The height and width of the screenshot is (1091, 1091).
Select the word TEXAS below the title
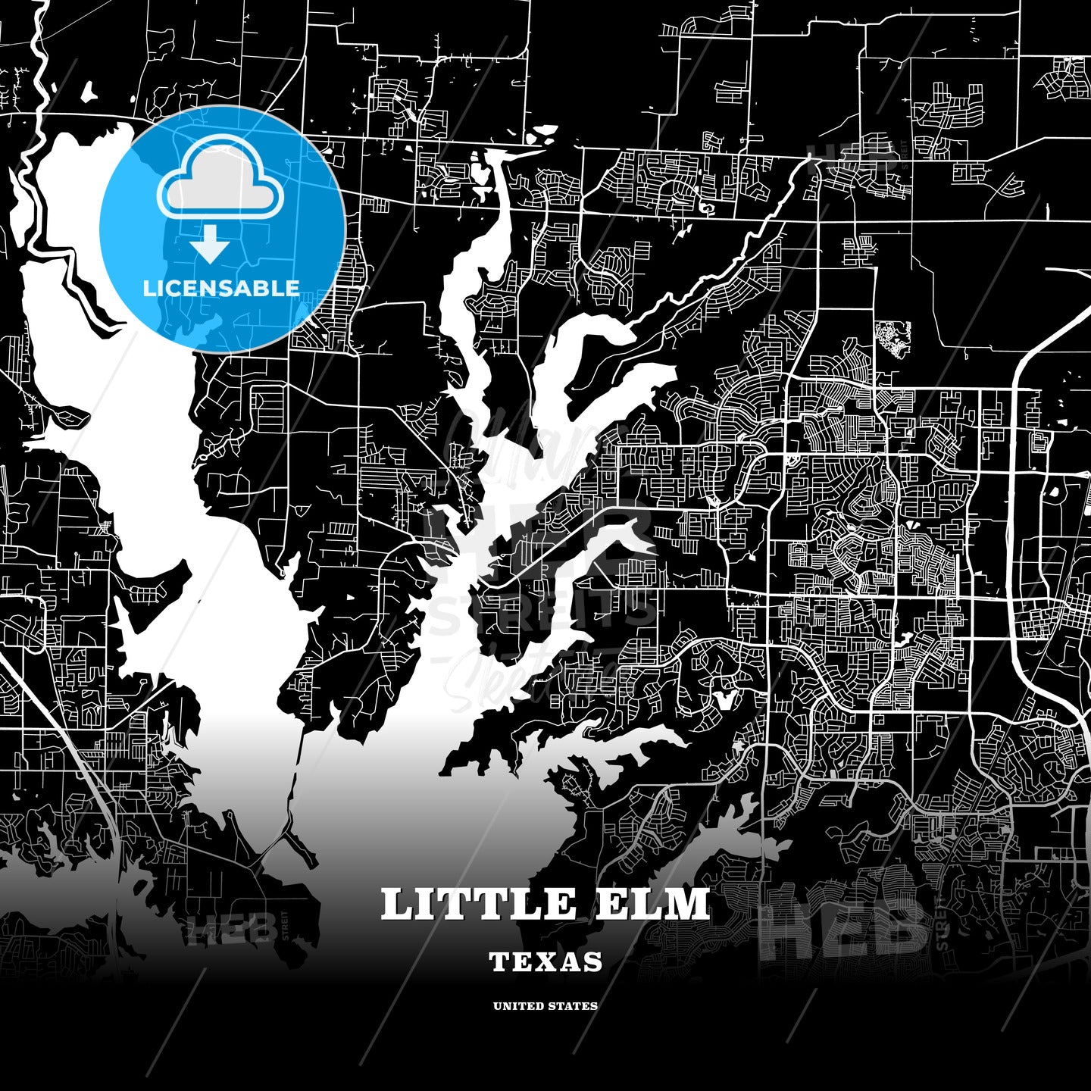[545, 962]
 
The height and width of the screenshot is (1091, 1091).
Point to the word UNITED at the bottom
[519, 1006]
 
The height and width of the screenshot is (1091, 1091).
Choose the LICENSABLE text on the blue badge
[221, 289]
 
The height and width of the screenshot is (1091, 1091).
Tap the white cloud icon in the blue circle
[220, 176]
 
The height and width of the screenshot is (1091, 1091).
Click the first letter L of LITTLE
[396, 904]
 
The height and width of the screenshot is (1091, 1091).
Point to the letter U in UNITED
[498, 1006]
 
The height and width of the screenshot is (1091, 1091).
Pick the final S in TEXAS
[593, 962]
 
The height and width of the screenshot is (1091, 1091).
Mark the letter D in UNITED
[540, 1006]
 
